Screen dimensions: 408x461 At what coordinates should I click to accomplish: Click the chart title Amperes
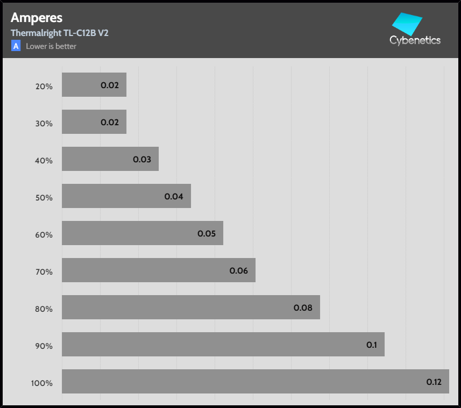36,18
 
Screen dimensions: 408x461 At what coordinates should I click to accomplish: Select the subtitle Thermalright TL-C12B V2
60,33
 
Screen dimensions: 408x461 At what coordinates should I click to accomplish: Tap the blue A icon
16,46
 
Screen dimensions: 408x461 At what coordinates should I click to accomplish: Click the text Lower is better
51,46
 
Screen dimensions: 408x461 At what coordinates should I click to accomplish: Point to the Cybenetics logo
415,30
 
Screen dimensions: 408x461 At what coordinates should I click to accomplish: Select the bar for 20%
94,85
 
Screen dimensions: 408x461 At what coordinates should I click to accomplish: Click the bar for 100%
255,382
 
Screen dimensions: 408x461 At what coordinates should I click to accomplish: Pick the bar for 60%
142,233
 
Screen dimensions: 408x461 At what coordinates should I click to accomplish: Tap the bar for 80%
190,307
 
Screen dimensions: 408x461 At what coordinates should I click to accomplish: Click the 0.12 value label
434,382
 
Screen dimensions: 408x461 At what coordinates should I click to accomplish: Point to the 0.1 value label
371,345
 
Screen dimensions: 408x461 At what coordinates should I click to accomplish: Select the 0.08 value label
303,308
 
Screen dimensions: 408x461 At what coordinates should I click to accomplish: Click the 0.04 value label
174,197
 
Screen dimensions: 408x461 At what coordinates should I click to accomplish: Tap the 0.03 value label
142,160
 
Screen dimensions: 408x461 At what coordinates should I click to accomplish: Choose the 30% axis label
44,123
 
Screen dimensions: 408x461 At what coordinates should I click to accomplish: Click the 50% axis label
44,197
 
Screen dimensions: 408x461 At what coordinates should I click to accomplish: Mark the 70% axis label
44,271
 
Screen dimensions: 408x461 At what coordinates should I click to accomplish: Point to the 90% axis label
44,346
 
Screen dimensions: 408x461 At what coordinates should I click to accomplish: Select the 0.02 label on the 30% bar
110,123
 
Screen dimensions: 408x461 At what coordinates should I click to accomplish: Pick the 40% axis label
44,160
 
